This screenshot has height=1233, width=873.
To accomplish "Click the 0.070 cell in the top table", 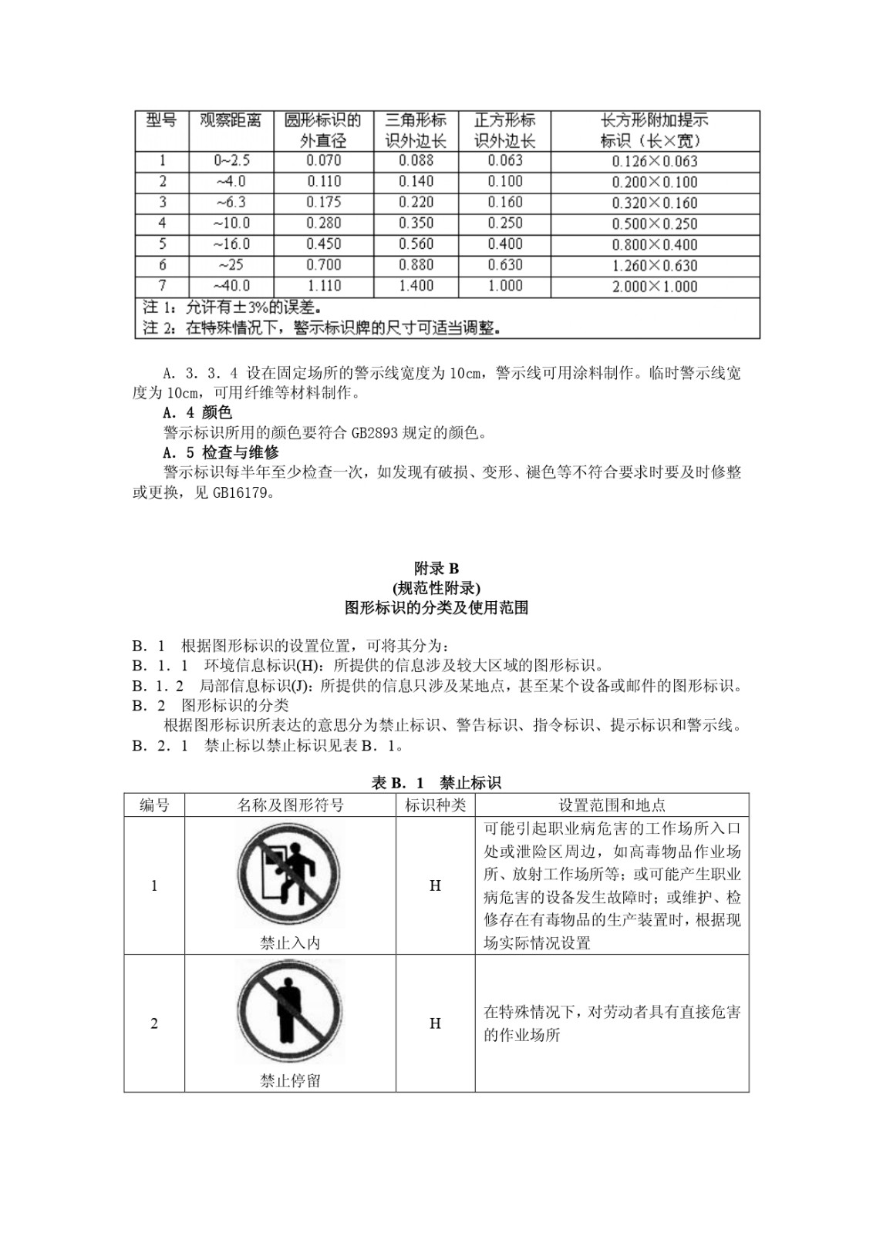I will [x=324, y=161].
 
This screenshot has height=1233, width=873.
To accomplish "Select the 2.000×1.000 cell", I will [x=655, y=287].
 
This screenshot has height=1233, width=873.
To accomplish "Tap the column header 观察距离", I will [x=231, y=121].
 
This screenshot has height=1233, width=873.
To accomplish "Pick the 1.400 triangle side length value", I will [x=416, y=286].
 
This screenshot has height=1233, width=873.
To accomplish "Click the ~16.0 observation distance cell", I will [x=231, y=244].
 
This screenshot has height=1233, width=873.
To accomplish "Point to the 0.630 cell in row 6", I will [x=505, y=265].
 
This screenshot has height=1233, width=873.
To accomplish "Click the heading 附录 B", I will [x=436, y=569].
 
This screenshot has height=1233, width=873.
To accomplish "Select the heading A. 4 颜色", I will [x=197, y=413].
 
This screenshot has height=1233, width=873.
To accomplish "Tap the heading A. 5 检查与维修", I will [x=221, y=452].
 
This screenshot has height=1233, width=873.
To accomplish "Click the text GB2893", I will [x=375, y=433].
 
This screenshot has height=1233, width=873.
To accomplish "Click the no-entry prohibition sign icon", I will [x=289, y=875].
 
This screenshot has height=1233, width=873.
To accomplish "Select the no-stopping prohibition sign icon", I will [x=289, y=1012].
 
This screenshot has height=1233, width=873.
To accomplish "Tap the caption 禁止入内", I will [x=290, y=943].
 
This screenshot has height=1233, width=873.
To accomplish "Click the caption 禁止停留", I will [x=290, y=1081].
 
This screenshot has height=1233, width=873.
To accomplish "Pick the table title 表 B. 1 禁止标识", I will [x=436, y=783].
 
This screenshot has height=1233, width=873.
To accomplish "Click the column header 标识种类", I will [x=436, y=805].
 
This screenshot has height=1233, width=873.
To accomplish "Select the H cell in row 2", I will [x=436, y=1023].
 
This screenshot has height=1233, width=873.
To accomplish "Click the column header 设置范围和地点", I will [x=612, y=805].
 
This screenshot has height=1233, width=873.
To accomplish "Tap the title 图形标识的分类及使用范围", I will [x=436, y=608].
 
